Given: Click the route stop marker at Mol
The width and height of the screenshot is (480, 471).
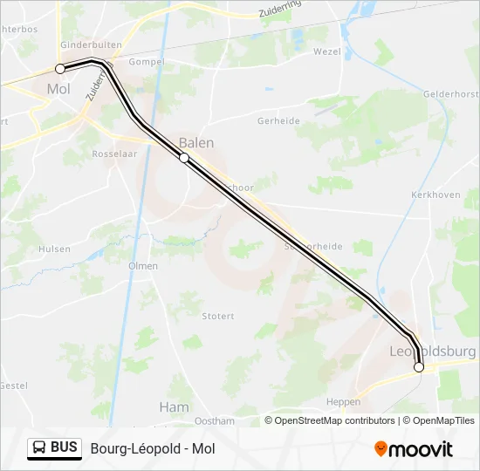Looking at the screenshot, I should point(60,68).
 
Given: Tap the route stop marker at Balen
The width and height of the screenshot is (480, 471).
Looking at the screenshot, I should point(184,158).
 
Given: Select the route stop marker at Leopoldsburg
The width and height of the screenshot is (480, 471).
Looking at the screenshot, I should point(419,367).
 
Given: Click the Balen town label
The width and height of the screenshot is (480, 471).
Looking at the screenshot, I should point(195,142).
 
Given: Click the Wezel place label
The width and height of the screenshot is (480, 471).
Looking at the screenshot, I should point(327,51).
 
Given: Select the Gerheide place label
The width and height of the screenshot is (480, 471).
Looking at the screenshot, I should point(279,121).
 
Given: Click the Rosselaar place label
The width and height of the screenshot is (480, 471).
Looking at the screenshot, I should point(114,154).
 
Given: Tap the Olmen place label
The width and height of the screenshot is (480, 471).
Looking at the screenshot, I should point(143,266).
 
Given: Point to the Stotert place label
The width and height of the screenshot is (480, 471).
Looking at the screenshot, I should point(218,316).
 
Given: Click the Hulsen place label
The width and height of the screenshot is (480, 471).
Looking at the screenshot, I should point(54,249).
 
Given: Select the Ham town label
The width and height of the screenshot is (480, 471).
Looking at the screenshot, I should point(174,406).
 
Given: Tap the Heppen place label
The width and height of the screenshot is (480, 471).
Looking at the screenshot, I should point(343,402).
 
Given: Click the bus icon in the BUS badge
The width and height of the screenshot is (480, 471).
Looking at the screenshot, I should point(40,447).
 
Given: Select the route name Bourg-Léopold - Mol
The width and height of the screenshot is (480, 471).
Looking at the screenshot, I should point(152,448).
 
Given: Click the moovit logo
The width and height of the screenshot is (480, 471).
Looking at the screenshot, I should point(414,449).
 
